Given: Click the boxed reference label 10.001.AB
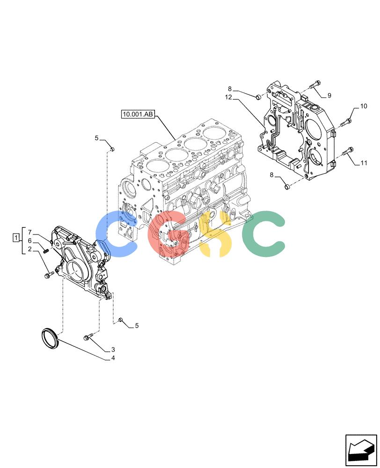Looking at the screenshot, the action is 138,114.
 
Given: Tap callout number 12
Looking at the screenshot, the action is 228,97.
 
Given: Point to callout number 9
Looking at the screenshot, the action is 329,95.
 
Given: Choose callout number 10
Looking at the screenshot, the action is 364,106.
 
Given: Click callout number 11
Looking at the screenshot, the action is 364,163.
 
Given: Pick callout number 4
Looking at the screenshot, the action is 113,358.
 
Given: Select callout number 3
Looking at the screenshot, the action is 113,350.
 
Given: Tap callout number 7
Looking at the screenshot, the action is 29,232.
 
